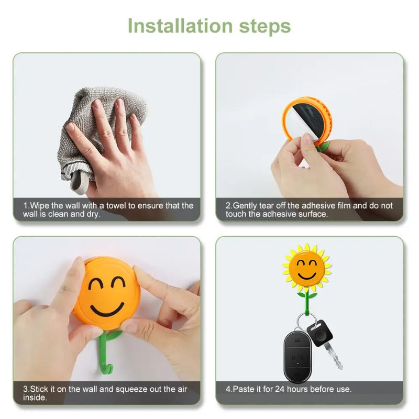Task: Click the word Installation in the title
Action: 180,26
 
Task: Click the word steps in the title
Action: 265,27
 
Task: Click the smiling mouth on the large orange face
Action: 107,310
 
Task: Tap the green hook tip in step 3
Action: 109,370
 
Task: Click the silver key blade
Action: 334,357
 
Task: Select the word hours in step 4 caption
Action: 298,389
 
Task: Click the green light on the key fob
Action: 297,363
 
